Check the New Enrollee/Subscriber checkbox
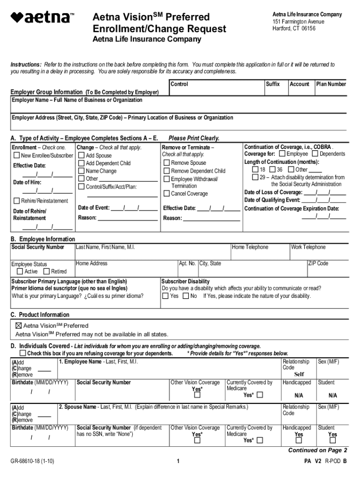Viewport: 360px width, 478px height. click(17, 155)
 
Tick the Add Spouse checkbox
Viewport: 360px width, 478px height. click(81, 155)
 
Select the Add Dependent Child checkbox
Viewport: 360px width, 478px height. click(81, 163)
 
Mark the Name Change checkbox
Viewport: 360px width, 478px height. click(81, 171)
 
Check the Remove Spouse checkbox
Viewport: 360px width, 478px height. click(166, 163)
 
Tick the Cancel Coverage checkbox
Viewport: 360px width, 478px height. click(166, 194)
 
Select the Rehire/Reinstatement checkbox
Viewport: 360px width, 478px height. click(17, 201)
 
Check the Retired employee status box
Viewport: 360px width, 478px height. click(46, 272)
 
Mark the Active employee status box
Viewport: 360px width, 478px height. click(20, 272)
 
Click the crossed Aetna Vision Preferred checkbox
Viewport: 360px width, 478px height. click(19, 325)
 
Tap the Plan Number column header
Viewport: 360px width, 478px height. click(331, 84)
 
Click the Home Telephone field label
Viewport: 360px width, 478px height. click(250, 247)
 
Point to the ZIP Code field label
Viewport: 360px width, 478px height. click(318, 263)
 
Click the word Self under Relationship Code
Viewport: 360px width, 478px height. click(299, 374)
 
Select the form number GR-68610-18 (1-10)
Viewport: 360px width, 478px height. click(33, 461)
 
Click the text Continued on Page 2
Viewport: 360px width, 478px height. click(317, 450)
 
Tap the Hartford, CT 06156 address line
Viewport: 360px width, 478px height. click(294, 28)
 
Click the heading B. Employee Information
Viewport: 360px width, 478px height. click(43, 239)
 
